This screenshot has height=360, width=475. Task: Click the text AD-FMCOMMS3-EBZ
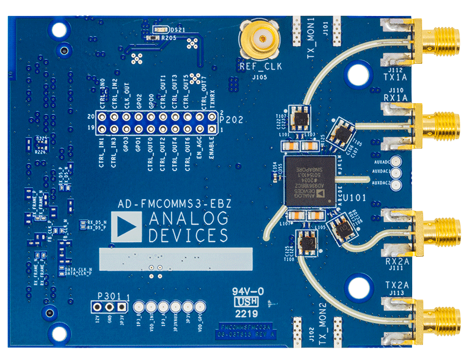pos(175,203)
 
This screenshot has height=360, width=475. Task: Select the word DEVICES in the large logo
pos(188,235)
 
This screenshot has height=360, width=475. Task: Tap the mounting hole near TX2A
pos(358,286)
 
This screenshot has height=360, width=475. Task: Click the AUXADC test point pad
pos(398,161)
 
